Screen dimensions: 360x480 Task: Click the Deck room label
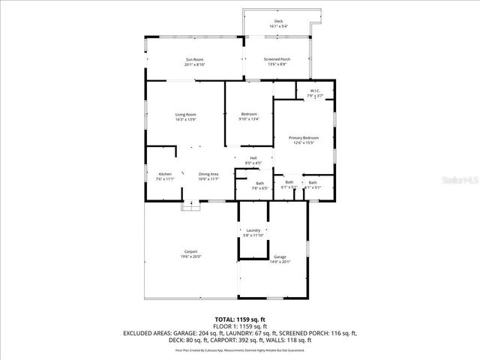(278, 22)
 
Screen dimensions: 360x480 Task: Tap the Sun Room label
(194, 59)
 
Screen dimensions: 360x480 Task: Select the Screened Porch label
(277, 59)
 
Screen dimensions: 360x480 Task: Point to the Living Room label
(185, 115)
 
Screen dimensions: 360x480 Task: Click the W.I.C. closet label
(315, 91)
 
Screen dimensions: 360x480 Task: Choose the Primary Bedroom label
(304, 138)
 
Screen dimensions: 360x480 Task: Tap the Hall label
(253, 157)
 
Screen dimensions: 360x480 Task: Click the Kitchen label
(164, 174)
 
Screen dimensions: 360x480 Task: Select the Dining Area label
(208, 174)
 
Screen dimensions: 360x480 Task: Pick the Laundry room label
(253, 231)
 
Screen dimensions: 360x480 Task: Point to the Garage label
(280, 256)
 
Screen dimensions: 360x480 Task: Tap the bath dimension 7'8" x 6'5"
(259, 188)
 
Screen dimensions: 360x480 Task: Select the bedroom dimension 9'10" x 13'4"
(249, 118)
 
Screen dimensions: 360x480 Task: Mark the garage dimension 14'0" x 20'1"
(280, 262)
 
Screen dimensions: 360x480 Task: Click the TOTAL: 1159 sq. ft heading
(240, 319)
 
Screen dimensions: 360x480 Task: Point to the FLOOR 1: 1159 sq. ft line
(240, 326)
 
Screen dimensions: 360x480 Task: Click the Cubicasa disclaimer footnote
(240, 350)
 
